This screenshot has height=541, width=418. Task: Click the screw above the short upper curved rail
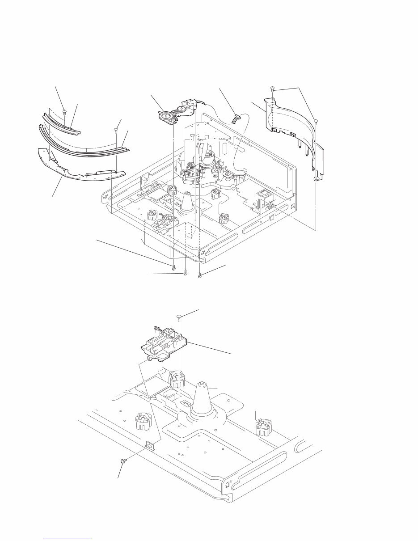click(x=65, y=112)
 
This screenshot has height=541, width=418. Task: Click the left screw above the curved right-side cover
click(x=272, y=88)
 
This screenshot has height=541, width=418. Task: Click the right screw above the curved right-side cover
click(x=316, y=121)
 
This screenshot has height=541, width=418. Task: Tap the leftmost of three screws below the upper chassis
click(x=173, y=268)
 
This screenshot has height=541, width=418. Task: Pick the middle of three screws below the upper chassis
click(x=185, y=274)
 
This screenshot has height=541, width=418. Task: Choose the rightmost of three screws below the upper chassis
click(x=200, y=276)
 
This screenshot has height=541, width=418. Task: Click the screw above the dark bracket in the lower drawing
click(x=179, y=317)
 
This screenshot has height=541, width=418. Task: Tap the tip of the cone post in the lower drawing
click(x=202, y=383)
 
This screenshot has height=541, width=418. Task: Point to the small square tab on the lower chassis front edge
click(x=149, y=445)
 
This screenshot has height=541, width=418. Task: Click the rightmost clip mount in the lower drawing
click(x=262, y=427)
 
